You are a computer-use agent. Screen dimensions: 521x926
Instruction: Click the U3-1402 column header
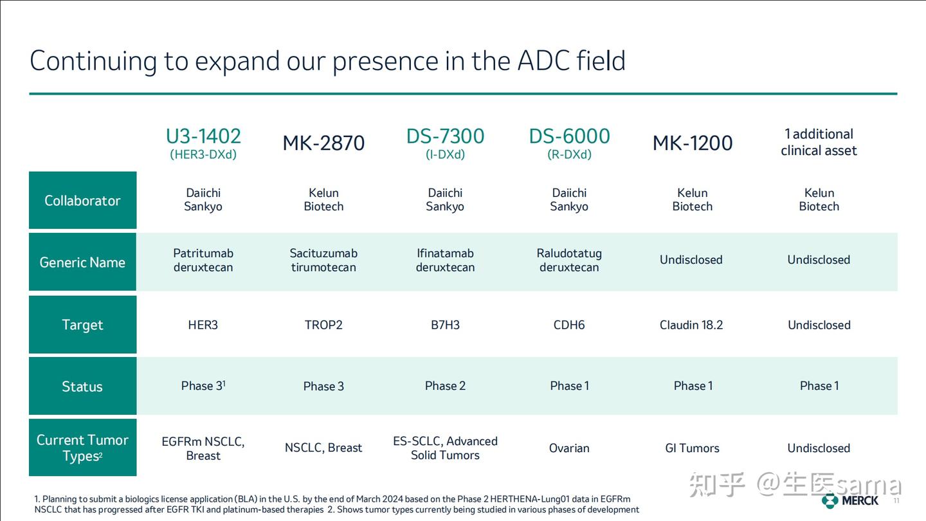point(203,136)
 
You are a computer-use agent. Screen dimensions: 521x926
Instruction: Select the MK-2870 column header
point(323,143)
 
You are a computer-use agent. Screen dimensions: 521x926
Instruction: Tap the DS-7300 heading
point(445,136)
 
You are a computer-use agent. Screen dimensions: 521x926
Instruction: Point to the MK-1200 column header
point(693,143)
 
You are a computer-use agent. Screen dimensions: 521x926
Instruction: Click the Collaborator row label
point(82,201)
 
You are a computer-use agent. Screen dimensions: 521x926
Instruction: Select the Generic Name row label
point(82,262)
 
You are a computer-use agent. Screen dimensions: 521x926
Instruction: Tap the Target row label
point(82,325)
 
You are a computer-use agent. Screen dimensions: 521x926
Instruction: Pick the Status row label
point(82,387)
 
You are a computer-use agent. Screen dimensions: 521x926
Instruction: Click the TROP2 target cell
point(323,325)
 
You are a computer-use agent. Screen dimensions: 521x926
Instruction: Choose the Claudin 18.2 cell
point(691,325)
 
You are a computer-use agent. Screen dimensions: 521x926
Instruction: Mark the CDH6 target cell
point(569,325)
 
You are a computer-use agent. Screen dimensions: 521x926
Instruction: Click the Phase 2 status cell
point(445,386)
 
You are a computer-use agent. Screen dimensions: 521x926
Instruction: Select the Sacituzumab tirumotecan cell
point(323,260)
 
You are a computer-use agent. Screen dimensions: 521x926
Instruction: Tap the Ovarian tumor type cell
point(569,448)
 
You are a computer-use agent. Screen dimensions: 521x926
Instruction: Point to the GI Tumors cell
point(692,448)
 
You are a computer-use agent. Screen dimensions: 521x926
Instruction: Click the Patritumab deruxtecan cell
point(203,260)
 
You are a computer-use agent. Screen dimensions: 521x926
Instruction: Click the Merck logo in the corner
point(849,500)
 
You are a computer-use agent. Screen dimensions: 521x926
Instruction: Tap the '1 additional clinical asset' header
point(819,142)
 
